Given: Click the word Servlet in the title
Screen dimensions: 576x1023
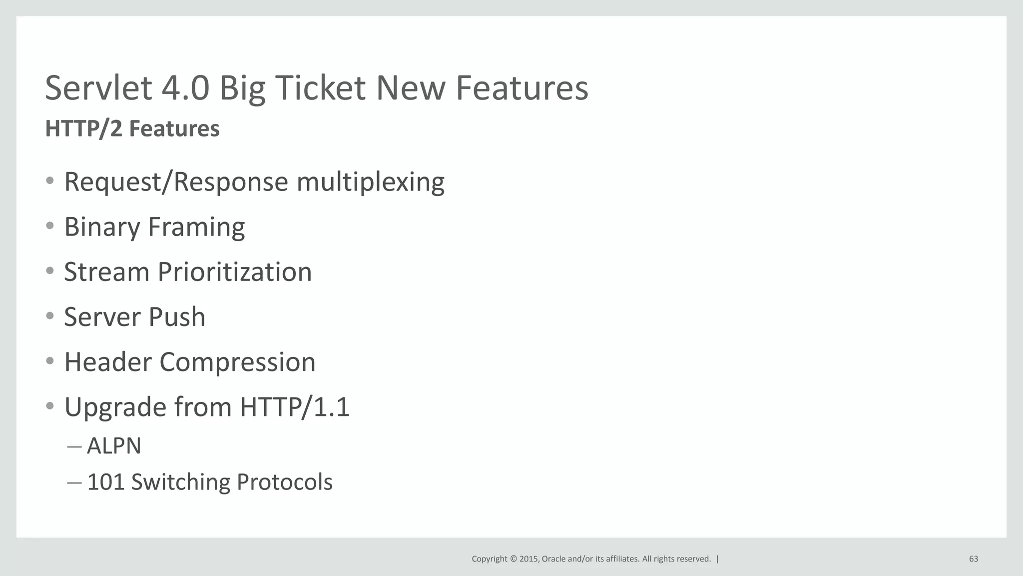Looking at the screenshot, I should coord(98,88).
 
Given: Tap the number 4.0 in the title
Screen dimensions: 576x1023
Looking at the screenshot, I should coord(186,88).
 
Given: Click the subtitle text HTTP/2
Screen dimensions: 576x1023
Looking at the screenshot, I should coord(83,128).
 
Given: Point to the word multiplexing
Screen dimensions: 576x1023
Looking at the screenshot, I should coord(370,181).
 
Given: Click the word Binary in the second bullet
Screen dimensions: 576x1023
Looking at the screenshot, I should coord(102,227).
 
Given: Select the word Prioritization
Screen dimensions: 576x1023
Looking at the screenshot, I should coord(235,272).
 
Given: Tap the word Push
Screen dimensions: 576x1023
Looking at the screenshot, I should coord(177,317).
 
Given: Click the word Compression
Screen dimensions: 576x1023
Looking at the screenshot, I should coord(237,362).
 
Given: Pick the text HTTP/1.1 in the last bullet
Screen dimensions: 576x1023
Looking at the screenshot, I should coord(295,407).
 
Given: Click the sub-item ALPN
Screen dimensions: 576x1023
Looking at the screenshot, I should coord(114,446).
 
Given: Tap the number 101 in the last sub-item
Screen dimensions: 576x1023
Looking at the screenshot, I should coord(105,482).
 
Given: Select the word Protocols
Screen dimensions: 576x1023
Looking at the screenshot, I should coord(284,482).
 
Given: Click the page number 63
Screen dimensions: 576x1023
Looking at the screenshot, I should coord(973,559).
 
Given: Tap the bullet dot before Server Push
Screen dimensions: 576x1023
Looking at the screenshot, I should coord(49,316).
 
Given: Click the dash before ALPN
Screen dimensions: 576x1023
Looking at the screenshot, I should coord(74,446).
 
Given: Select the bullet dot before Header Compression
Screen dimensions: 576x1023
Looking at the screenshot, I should coord(49,361).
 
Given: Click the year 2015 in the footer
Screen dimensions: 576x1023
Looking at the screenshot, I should coord(528,559).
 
